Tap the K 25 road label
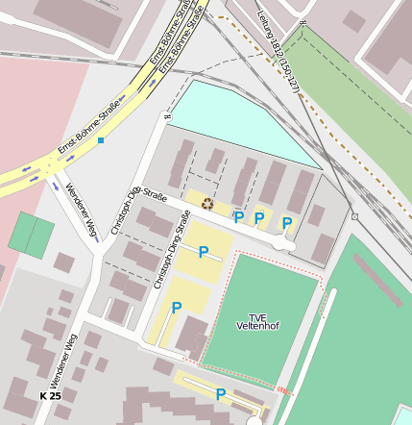[50, 396]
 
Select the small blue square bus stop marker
[100, 140]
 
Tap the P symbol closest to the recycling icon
[238, 217]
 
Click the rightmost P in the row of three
[286, 223]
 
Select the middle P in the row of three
[258, 218]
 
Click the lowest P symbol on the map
[221, 394]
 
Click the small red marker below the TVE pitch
[282, 389]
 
